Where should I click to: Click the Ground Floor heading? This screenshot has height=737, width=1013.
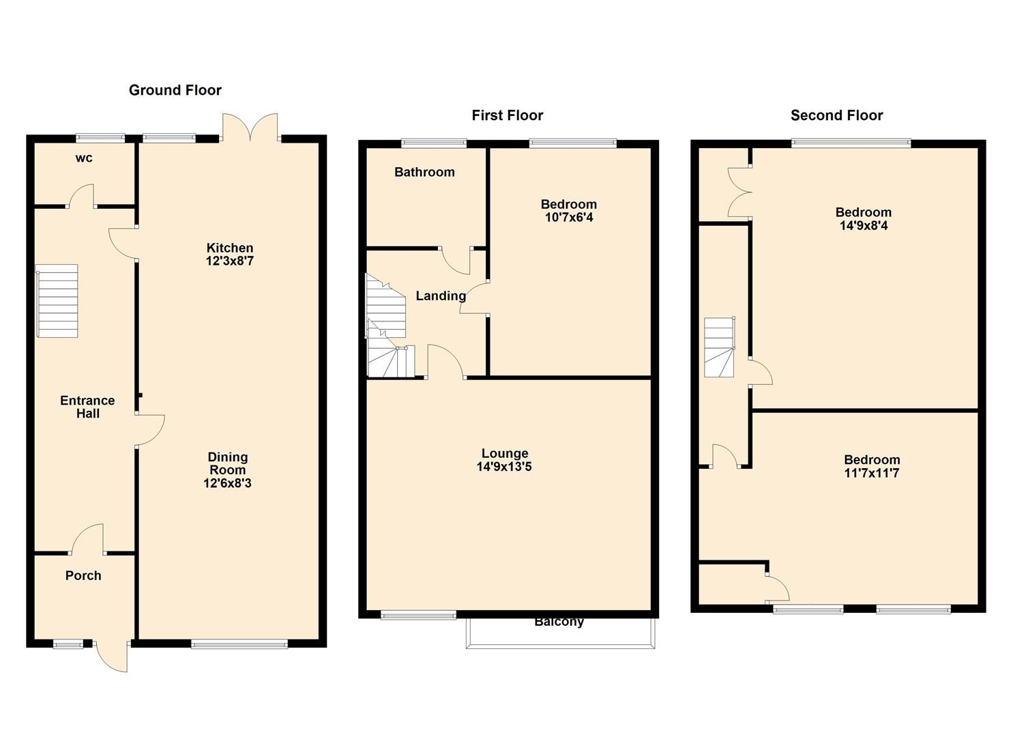(175, 90)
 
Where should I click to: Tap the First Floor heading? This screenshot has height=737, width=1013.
(507, 115)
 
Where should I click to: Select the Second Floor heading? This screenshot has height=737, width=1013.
(836, 115)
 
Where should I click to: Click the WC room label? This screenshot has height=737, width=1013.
(84, 158)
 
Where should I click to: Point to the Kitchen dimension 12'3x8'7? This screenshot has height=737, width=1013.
(230, 261)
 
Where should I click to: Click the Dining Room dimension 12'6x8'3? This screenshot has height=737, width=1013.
(228, 483)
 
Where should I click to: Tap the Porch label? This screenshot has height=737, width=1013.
(83, 575)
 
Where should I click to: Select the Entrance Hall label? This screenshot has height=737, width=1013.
(87, 407)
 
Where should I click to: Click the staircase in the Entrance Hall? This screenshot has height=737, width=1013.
(58, 301)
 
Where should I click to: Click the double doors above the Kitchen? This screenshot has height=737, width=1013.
(250, 127)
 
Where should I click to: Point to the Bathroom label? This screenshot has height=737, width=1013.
(424, 172)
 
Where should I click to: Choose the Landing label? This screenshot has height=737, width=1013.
(441, 295)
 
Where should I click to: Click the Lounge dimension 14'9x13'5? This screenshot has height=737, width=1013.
(504, 467)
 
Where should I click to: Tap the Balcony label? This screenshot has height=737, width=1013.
(559, 622)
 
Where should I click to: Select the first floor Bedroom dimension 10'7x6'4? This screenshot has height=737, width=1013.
(568, 218)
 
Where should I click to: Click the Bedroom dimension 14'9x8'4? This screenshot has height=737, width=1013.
(863, 225)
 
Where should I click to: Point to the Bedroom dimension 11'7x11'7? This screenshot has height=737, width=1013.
(871, 473)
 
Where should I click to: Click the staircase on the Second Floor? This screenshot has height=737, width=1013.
(720, 347)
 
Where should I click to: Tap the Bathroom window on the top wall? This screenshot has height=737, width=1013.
(434, 143)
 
